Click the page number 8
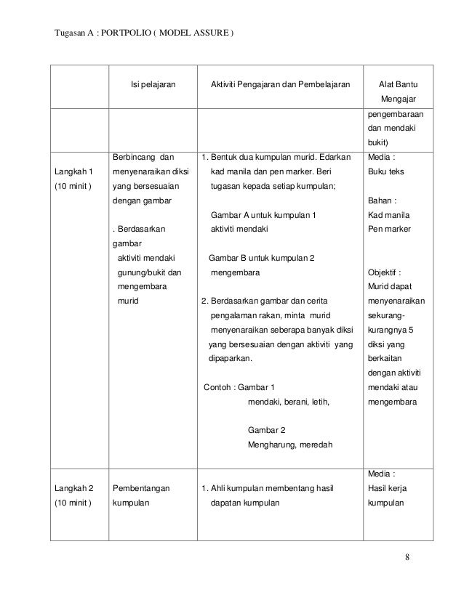(x=407, y=558)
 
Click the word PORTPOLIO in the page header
(x=125, y=34)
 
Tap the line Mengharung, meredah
(x=290, y=444)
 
